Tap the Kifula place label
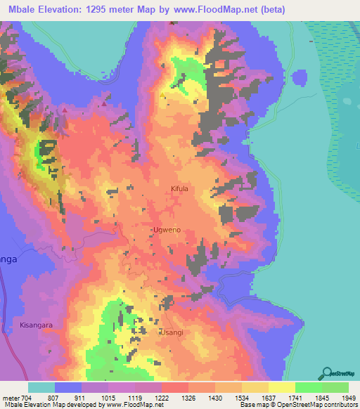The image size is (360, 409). pyautogui.click(x=181, y=189)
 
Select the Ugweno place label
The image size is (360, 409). pyautogui.click(x=167, y=230)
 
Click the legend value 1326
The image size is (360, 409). pyautogui.click(x=188, y=398)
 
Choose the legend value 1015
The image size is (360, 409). pyautogui.click(x=108, y=398)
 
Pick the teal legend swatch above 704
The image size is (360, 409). pyautogui.click(x=41, y=387)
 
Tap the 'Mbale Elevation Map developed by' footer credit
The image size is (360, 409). pyautogui.click(x=46, y=405)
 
